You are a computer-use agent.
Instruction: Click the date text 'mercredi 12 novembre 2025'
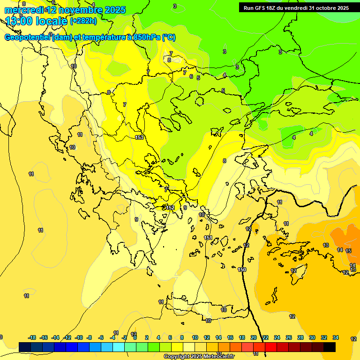pos(65,10)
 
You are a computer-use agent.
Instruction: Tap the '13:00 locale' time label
pos(36,21)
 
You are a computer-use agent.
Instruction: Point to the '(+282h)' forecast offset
pos(83,21)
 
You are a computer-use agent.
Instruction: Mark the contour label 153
pos(139,137)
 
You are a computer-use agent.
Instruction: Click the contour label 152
pos(170,208)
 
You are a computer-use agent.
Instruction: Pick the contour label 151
pos(208,238)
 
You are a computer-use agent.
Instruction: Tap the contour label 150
pos(242,270)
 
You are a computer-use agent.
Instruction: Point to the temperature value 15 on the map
pos(348,251)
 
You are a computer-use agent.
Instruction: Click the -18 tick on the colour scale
pos(32,337)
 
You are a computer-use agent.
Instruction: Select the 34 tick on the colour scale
pos(336,337)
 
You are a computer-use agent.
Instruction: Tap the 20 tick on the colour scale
pos(254,337)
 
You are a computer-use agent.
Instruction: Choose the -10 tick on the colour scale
pos(79,337)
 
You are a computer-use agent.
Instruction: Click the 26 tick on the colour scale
pos(289,337)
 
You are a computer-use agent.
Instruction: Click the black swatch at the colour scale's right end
pos(330,347)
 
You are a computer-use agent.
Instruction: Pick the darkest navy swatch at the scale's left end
pos(25,347)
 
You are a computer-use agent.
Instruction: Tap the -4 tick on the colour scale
pos(113,337)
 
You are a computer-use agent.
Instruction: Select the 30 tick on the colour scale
pos(312,337)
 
